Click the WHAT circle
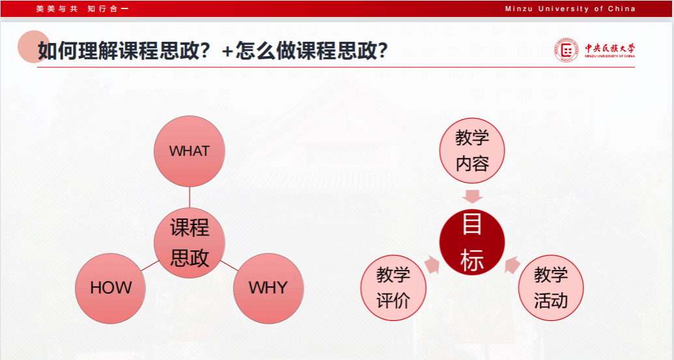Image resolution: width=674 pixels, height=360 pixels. click(x=190, y=151)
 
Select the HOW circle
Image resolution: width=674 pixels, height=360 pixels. click(x=110, y=288)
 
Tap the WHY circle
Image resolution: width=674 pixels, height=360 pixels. click(x=269, y=288)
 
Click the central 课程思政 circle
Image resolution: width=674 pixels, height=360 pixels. click(x=190, y=243)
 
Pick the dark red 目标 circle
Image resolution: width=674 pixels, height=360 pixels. click(x=472, y=242)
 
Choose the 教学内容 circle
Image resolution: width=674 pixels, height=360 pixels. click(x=472, y=151)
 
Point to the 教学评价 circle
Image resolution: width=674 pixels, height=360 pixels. click(x=393, y=288)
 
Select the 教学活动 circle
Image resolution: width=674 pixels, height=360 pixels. click(x=551, y=288)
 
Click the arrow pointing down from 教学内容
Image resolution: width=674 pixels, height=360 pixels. click(x=473, y=196)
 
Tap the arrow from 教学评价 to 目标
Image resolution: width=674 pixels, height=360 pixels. click(x=432, y=265)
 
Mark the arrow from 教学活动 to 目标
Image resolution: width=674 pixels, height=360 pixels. click(x=512, y=265)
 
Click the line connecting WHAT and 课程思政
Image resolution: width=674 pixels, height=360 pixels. click(x=190, y=197)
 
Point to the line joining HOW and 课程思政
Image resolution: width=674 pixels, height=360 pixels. click(x=150, y=265)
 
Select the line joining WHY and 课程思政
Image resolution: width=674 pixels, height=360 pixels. click(x=229, y=265)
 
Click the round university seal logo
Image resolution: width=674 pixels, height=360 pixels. click(x=566, y=50)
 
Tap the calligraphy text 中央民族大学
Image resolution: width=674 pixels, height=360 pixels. click(x=609, y=48)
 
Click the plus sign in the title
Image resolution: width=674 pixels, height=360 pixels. click(x=227, y=52)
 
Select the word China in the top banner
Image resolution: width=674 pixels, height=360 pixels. click(x=621, y=8)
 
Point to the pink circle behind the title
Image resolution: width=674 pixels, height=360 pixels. click(x=33, y=46)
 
